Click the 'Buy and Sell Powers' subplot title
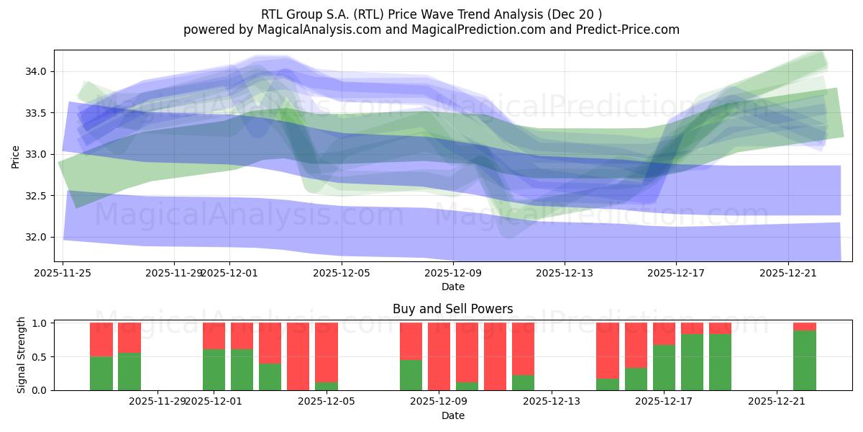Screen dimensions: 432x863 pos(452,309)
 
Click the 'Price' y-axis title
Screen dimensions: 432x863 pos(16,156)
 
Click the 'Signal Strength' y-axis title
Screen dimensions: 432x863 pos(22,355)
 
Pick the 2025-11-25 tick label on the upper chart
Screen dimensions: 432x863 pos(63,273)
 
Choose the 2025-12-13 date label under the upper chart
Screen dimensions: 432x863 pos(565,273)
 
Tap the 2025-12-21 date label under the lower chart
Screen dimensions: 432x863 pos(777,401)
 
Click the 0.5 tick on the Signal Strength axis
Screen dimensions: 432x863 pos(41,356)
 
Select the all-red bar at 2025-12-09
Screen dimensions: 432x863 pos(439,356)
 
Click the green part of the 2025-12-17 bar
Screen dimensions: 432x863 pos(664,367)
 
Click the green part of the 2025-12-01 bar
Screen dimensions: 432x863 pos(214,369)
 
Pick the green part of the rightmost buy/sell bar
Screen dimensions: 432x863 pos(805,360)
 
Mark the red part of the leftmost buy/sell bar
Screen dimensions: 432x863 pos(101,339)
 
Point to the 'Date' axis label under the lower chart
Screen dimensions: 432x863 pos(452,415)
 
